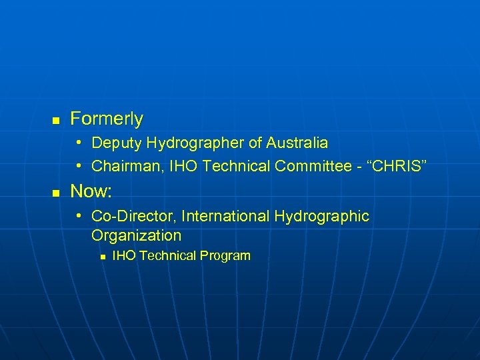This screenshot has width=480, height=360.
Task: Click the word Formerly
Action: pyautogui.click(x=107, y=119)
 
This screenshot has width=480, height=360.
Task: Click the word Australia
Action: pyautogui.click(x=297, y=143)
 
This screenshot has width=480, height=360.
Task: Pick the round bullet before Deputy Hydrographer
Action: pyautogui.click(x=79, y=143)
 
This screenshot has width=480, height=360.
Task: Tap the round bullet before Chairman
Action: pyautogui.click(x=79, y=165)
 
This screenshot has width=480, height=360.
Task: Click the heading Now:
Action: pyautogui.click(x=91, y=192)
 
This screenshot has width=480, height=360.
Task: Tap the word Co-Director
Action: pyautogui.click(x=133, y=216)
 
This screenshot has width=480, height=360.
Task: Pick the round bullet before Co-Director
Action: pyautogui.click(x=79, y=216)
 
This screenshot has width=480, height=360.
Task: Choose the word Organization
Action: pyautogui.click(x=136, y=235)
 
